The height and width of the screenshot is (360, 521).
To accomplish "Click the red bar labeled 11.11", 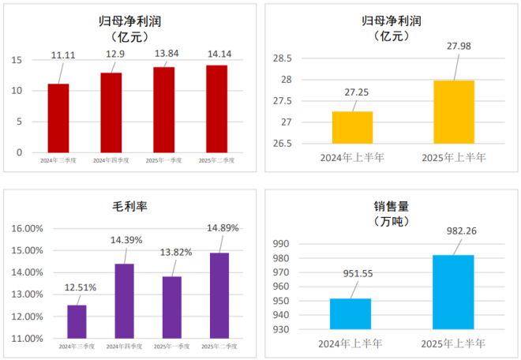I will pos(58,118).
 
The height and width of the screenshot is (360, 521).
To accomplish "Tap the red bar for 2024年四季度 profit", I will pos(111,112).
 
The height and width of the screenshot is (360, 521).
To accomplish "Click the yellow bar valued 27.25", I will pos(352,127).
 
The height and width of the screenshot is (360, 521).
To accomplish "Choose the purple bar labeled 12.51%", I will pos(77,321).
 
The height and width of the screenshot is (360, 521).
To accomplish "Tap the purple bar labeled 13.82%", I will pos(171,307).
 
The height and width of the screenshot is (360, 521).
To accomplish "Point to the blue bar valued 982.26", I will pos(453,291).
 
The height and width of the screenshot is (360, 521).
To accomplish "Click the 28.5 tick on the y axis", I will pos(281,58).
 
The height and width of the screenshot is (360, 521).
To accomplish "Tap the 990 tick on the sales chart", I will pos(282,244).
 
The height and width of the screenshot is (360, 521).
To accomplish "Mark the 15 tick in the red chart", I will pos(17,60).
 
